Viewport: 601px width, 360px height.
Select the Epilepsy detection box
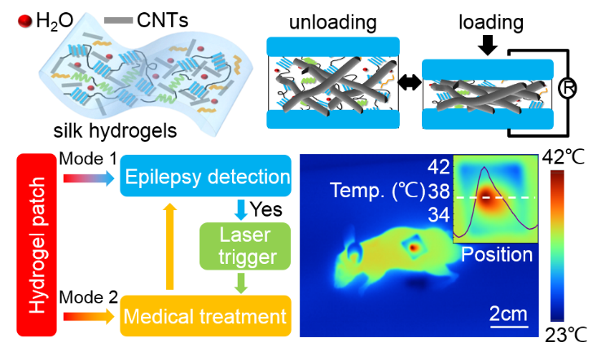point(206,177)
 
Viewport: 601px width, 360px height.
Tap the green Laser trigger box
point(244,247)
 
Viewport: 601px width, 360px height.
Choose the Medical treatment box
point(206,315)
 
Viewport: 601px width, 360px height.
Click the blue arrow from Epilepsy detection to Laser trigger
point(241,209)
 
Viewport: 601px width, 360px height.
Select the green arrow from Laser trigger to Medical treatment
point(241,283)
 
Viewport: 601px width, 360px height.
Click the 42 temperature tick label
point(439,168)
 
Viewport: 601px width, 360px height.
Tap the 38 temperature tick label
point(439,192)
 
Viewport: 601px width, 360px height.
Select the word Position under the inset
point(497,255)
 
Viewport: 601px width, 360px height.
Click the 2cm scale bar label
point(509,314)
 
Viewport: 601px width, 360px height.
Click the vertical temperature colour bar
point(557,245)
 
